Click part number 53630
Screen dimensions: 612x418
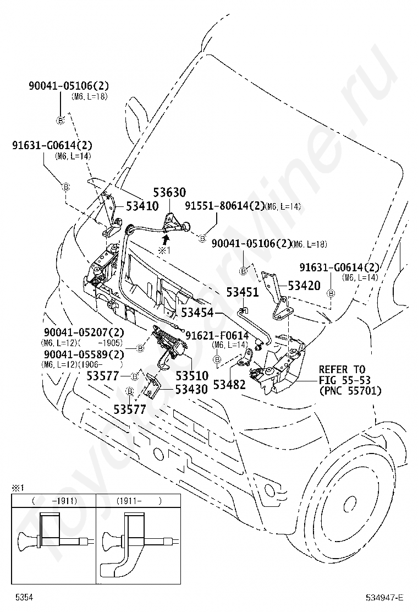click(x=169, y=193)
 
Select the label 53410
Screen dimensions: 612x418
click(x=142, y=206)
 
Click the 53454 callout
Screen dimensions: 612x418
click(x=198, y=313)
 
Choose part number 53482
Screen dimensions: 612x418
click(x=229, y=385)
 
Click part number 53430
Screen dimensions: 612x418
click(x=191, y=389)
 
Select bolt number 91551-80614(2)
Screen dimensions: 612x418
click(x=224, y=206)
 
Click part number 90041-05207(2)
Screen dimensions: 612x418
click(x=84, y=333)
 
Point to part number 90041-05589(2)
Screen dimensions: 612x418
click(x=84, y=354)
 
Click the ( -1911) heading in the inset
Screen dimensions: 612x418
click(x=54, y=501)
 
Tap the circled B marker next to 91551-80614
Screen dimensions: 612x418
click(x=202, y=238)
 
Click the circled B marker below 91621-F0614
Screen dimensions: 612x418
click(x=217, y=359)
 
